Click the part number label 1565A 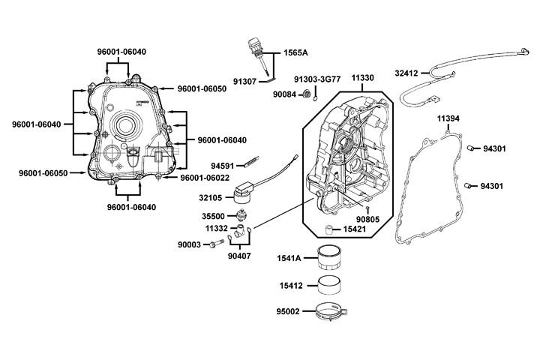point(295,53)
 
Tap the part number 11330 point(363,77)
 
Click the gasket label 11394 point(451,118)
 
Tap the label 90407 point(241,256)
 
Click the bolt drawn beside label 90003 point(218,243)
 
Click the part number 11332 point(217,228)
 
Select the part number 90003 point(189,244)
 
